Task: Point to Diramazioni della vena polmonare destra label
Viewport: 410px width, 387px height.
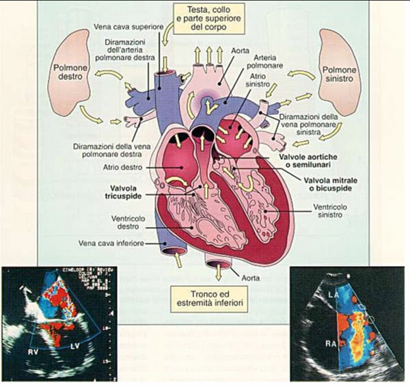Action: (109, 150)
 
